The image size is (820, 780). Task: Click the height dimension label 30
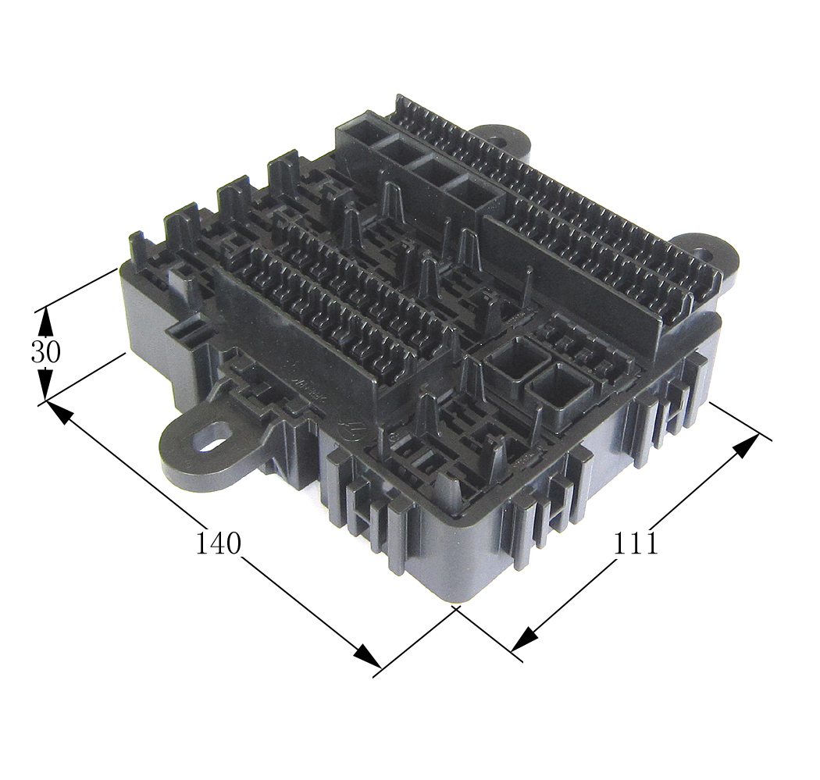(x=45, y=354)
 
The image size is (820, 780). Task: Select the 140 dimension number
(x=218, y=543)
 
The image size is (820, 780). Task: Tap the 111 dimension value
(x=634, y=543)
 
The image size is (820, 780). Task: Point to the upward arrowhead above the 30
(x=46, y=320)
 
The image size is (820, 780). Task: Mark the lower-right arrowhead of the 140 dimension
(x=369, y=657)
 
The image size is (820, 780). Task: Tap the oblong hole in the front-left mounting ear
(x=212, y=438)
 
